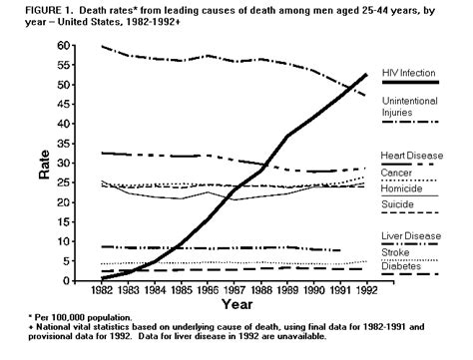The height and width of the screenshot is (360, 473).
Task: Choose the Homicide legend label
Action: pyautogui.click(x=401, y=188)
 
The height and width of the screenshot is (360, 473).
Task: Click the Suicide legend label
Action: pyautogui.click(x=398, y=204)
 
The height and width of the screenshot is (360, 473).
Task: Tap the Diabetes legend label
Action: pyautogui.click(x=400, y=265)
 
